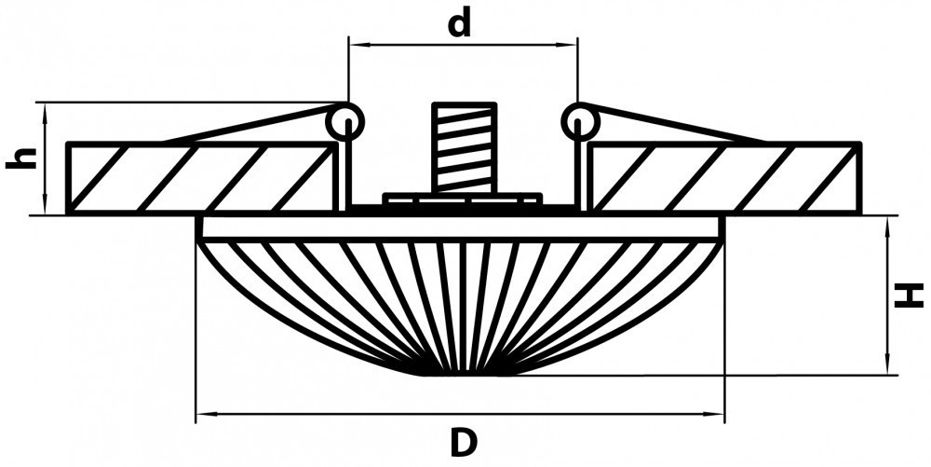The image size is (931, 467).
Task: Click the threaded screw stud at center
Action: tap(463, 149)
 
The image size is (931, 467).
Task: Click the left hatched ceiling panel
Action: tap(200, 178)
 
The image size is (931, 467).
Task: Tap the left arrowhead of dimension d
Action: tap(355, 43)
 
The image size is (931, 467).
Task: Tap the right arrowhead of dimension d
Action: tap(570, 43)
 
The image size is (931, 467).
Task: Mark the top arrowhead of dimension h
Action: tap(45, 108)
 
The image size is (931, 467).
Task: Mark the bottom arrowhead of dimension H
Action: tap(889, 368)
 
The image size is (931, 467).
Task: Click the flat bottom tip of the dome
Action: tap(463, 374)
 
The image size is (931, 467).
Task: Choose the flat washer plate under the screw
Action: tap(463, 199)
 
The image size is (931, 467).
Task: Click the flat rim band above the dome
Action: tap(461, 227)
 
